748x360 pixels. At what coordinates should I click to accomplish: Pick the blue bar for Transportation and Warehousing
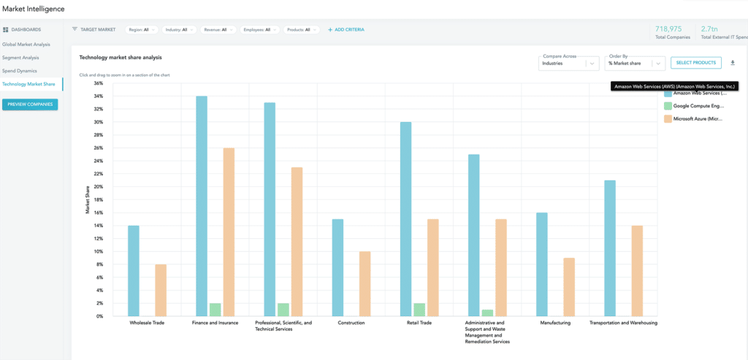tap(610, 248)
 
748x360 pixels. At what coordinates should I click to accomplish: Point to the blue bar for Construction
tap(337, 267)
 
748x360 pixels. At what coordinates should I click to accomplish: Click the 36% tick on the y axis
tap(98, 83)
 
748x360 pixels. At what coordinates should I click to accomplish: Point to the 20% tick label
tap(98, 187)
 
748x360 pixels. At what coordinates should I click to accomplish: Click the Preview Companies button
tap(29, 104)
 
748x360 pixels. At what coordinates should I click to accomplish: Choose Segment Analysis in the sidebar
tap(20, 58)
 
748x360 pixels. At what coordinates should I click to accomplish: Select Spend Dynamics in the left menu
tap(20, 71)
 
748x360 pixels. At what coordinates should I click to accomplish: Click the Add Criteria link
tap(346, 30)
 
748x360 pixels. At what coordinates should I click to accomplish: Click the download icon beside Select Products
tap(733, 63)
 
